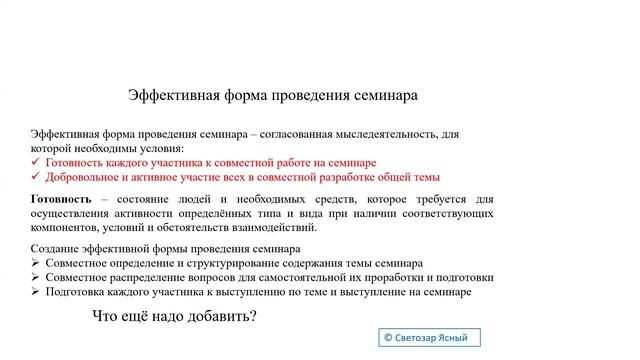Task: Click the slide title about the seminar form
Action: pos(273,95)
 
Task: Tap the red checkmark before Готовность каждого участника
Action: pos(36,162)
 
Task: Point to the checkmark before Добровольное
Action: pos(36,176)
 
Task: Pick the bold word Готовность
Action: pos(61,199)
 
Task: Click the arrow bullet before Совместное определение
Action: pos(36,263)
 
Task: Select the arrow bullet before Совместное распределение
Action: pos(36,277)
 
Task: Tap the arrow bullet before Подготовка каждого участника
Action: pos(36,292)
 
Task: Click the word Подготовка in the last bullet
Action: pos(77,292)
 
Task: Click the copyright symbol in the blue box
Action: pos(389,338)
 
